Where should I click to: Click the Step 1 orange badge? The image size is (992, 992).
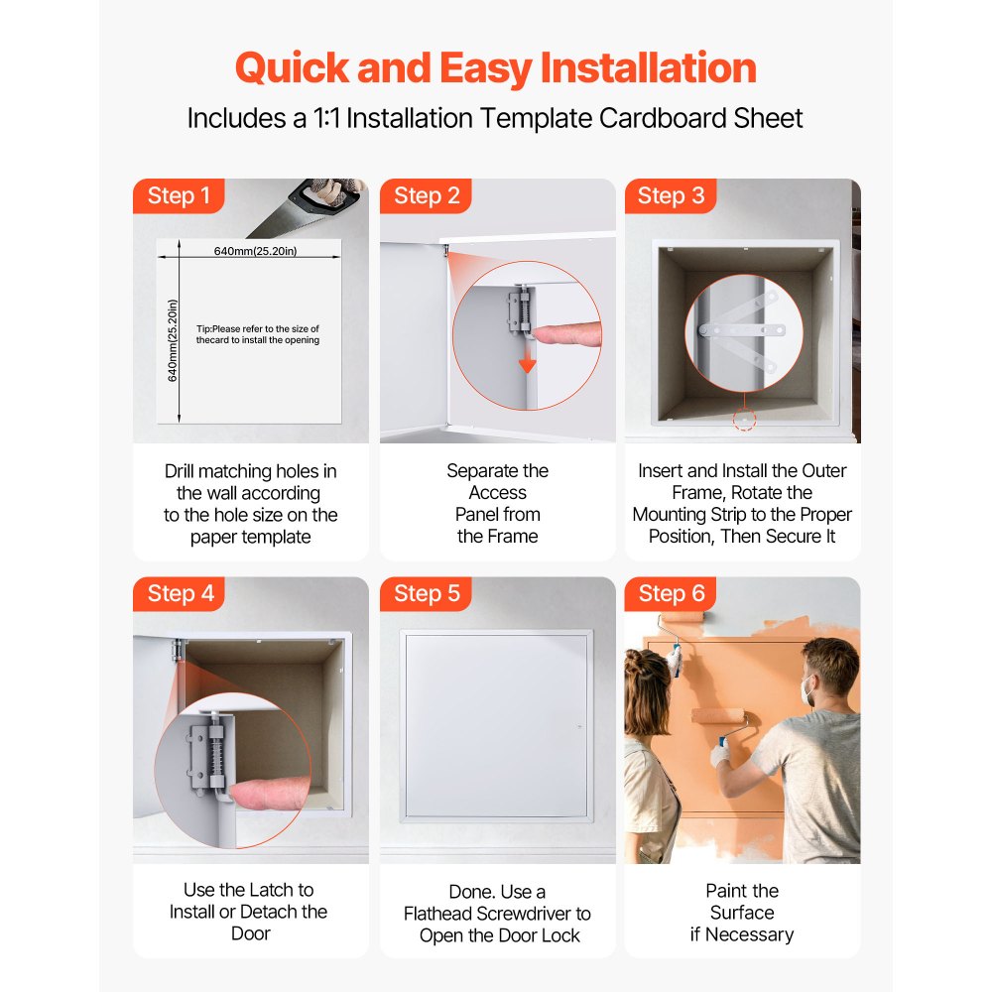point(179,195)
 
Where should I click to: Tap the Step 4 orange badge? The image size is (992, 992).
point(180,593)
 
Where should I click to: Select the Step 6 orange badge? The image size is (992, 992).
point(672,593)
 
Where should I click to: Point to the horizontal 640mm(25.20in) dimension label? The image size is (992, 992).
point(255,251)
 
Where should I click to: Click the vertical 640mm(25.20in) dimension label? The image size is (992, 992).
point(173,340)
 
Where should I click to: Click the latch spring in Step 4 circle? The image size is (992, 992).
point(215,758)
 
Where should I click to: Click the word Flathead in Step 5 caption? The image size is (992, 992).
point(450,913)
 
